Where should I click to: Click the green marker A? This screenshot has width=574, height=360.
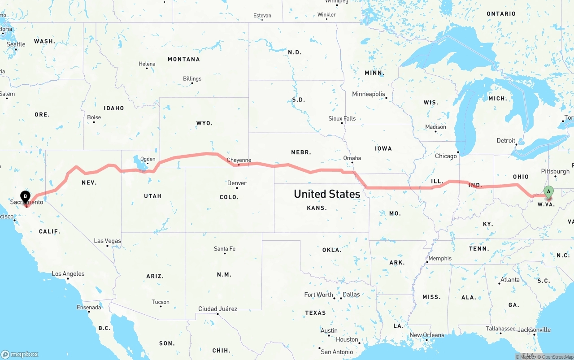[x=548, y=192]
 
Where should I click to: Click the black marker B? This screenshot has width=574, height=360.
[x=26, y=196]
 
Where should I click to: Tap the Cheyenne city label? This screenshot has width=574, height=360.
[x=239, y=160]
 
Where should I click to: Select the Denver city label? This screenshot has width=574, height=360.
[x=237, y=183]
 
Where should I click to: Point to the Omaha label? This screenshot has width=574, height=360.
[x=352, y=158]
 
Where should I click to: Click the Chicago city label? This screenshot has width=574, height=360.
[x=446, y=156]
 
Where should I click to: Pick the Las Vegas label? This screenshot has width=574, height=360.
[x=108, y=241]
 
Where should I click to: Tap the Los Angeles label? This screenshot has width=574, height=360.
[x=68, y=273]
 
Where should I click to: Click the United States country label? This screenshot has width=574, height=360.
[x=327, y=194]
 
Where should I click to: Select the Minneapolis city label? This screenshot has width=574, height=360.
[x=369, y=94]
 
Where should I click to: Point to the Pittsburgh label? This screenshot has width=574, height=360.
[x=555, y=171]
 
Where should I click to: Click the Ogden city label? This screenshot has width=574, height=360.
[x=148, y=159]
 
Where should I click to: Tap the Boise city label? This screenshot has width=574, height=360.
[x=94, y=117]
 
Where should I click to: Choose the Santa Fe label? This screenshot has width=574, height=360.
[x=225, y=248]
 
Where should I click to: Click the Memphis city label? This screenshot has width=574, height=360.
[x=440, y=258]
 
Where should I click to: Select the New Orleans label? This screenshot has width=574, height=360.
[x=427, y=335]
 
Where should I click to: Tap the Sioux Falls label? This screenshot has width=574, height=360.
[x=342, y=118]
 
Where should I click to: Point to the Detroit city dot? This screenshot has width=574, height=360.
[x=517, y=144]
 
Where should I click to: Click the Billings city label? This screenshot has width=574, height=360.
[x=192, y=78]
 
